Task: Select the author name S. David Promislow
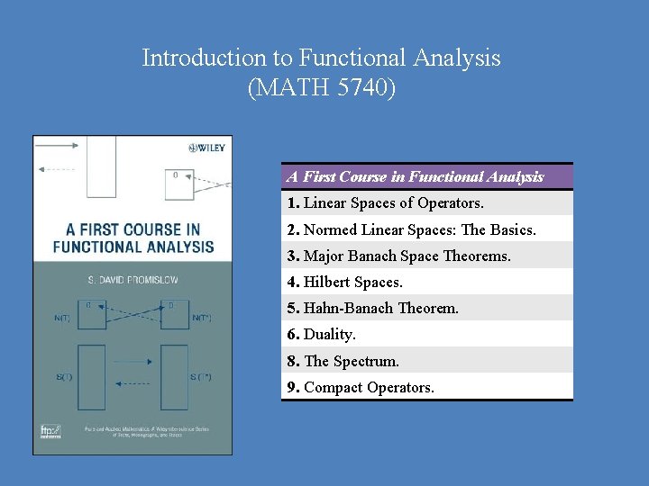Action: pos(133,280)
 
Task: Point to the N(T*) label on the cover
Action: pos(203,318)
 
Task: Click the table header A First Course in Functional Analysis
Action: pos(415,177)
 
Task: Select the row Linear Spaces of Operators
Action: pos(393,203)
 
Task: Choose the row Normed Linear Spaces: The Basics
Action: pos(419,230)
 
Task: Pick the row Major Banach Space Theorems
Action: pos(407,256)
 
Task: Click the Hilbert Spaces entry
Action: pos(352,283)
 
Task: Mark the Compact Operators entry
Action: pos(369,388)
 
